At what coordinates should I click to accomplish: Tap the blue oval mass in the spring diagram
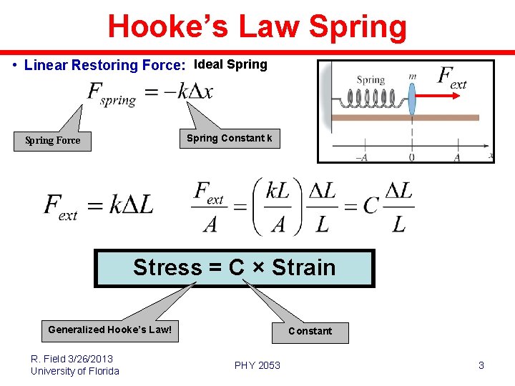(412, 99)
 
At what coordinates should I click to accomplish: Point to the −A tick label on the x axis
(363, 158)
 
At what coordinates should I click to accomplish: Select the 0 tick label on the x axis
(412, 158)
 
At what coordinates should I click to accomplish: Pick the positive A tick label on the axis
(457, 158)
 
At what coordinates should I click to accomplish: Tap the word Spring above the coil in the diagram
(371, 80)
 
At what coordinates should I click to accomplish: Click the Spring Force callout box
(53, 140)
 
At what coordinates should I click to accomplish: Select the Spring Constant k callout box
(229, 138)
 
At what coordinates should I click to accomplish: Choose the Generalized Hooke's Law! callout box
(109, 330)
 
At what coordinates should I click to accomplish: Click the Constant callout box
(310, 332)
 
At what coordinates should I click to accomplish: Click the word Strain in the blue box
(304, 267)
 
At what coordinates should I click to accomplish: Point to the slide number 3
(481, 365)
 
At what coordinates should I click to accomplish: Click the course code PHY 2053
(257, 365)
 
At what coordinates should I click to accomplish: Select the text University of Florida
(75, 371)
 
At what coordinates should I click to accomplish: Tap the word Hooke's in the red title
(169, 27)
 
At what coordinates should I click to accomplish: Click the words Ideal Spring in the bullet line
(230, 64)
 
